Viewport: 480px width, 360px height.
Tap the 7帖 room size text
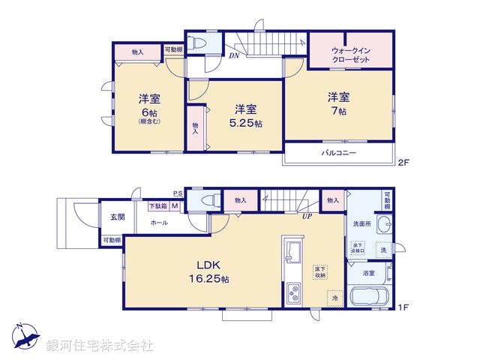point(337,112)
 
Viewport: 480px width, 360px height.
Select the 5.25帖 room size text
point(246,123)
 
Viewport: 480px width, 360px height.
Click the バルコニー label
point(339,153)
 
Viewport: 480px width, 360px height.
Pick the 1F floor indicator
point(404,307)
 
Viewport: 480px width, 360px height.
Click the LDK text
point(207,265)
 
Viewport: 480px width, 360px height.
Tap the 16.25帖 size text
point(207,279)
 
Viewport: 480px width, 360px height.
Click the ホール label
point(158,223)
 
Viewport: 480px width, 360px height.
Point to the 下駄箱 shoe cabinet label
point(157,206)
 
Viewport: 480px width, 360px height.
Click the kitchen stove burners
point(292,292)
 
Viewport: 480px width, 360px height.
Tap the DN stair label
point(234,55)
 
